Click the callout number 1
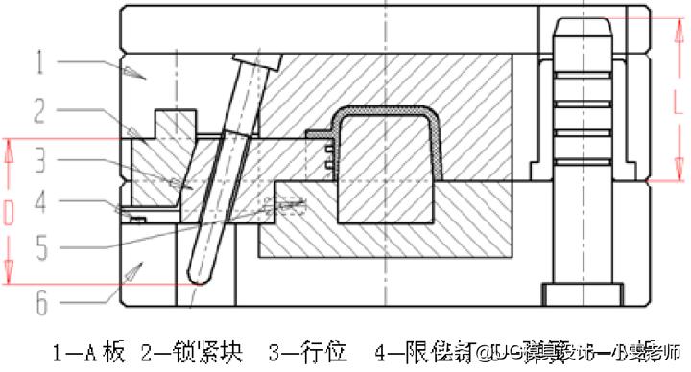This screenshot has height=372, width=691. click(x=41, y=65)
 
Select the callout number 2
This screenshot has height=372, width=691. click(x=41, y=113)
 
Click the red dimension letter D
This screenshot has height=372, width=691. click(x=9, y=213)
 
